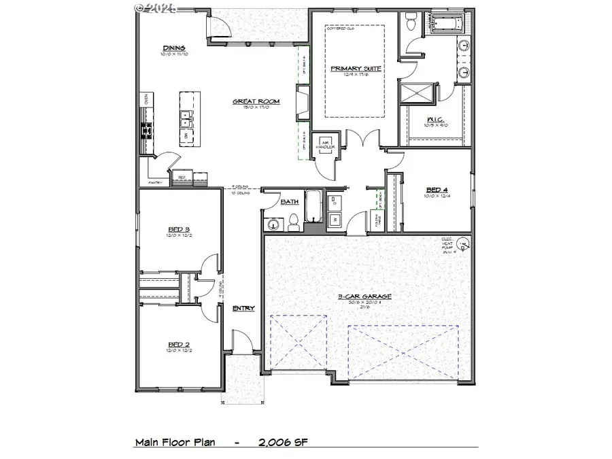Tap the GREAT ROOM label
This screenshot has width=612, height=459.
click(256, 101)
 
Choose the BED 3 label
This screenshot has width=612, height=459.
click(180, 229)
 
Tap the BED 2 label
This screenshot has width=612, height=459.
click(180, 345)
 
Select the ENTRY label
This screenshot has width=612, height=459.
click(243, 309)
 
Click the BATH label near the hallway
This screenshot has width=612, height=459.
click(290, 202)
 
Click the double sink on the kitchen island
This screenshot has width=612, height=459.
click(186, 120)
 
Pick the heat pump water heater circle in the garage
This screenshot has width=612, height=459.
click(464, 243)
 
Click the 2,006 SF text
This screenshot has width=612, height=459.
click(283, 442)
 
